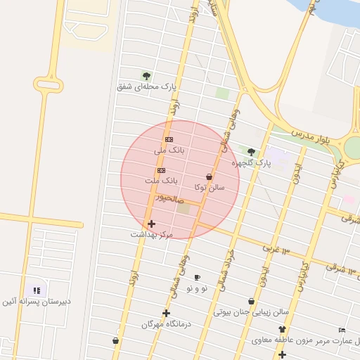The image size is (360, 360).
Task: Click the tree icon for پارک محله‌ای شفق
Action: (x=146, y=76)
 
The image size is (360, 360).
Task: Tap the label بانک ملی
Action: (x=169, y=150)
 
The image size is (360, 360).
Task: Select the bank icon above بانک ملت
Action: (x=161, y=170)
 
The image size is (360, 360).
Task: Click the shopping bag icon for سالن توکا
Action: (x=209, y=176)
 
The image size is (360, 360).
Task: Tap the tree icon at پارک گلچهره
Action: (x=251, y=151)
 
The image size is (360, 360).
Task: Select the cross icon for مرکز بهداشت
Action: (x=151, y=224)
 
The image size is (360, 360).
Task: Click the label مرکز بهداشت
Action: (x=151, y=234)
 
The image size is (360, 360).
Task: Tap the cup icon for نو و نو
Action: (x=197, y=277)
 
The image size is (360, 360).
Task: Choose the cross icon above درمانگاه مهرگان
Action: (x=166, y=313)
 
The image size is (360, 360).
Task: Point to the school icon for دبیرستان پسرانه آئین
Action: (x=37, y=290)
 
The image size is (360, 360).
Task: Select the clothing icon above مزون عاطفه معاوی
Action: (x=282, y=329)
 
